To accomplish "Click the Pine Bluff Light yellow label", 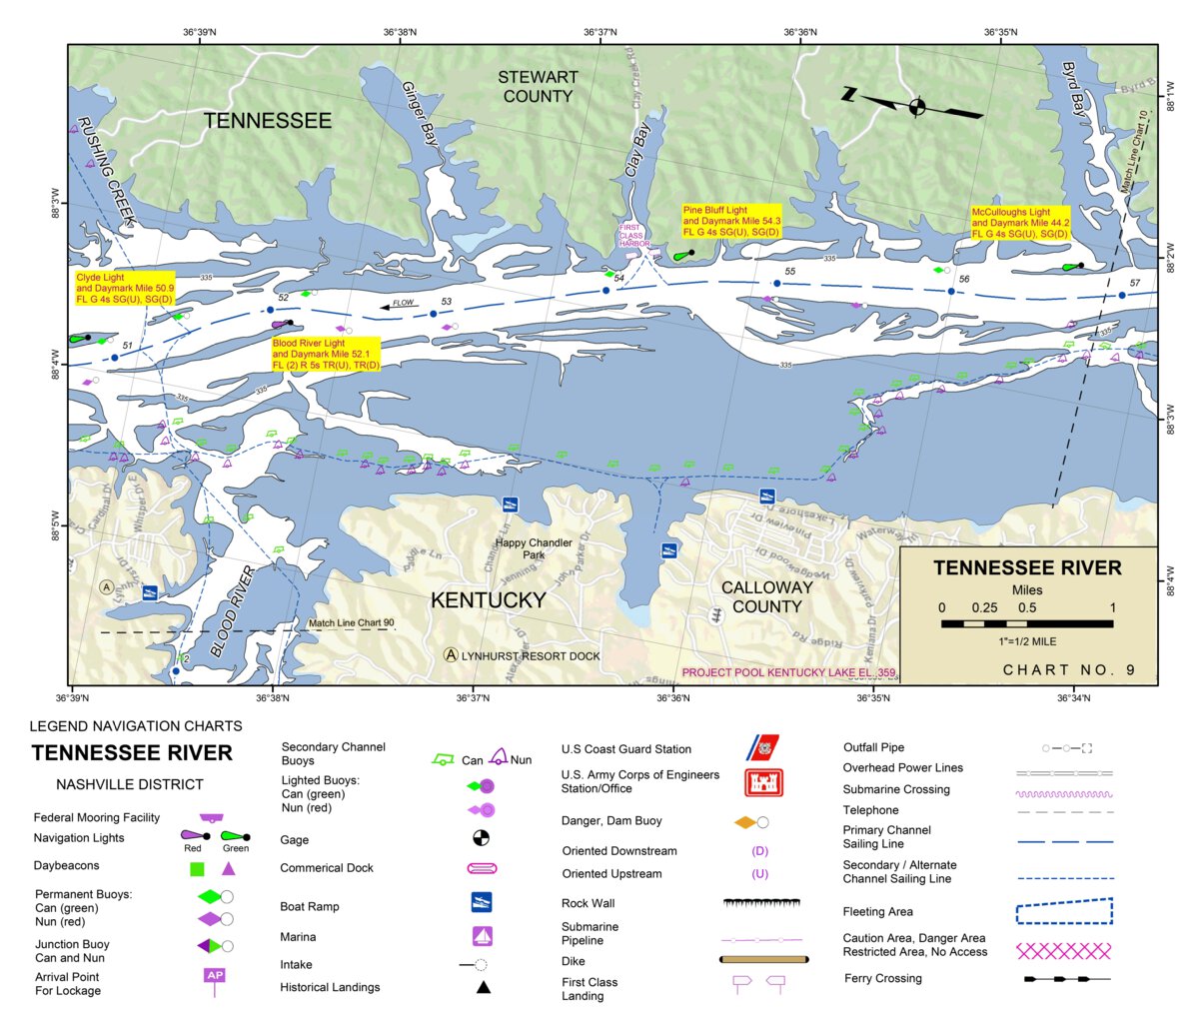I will tap(731, 221).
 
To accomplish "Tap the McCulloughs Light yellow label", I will tap(1020, 223).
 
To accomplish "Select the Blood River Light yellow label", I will tap(326, 354).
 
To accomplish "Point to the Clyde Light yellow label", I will tap(125, 288).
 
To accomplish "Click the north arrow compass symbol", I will tap(916, 106).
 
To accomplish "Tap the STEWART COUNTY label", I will tap(538, 87).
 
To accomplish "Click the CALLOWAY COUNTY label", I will tap(766, 596).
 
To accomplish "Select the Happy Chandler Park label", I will tap(534, 548).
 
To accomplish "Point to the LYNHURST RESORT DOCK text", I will tap(531, 656).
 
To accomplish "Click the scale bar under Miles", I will tap(1027, 623).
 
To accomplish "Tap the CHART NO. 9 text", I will tap(1068, 669).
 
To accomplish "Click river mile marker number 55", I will tap(789, 272).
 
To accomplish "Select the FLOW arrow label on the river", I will tap(402, 303).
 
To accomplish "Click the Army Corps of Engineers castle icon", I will tap(763, 782).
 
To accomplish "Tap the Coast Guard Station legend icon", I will tap(763, 747).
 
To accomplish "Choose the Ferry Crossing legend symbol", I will tap(1066, 979).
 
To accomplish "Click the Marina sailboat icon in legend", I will tap(482, 936).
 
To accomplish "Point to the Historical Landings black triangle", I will tap(483, 987).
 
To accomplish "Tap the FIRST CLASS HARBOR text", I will tap(632, 236).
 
